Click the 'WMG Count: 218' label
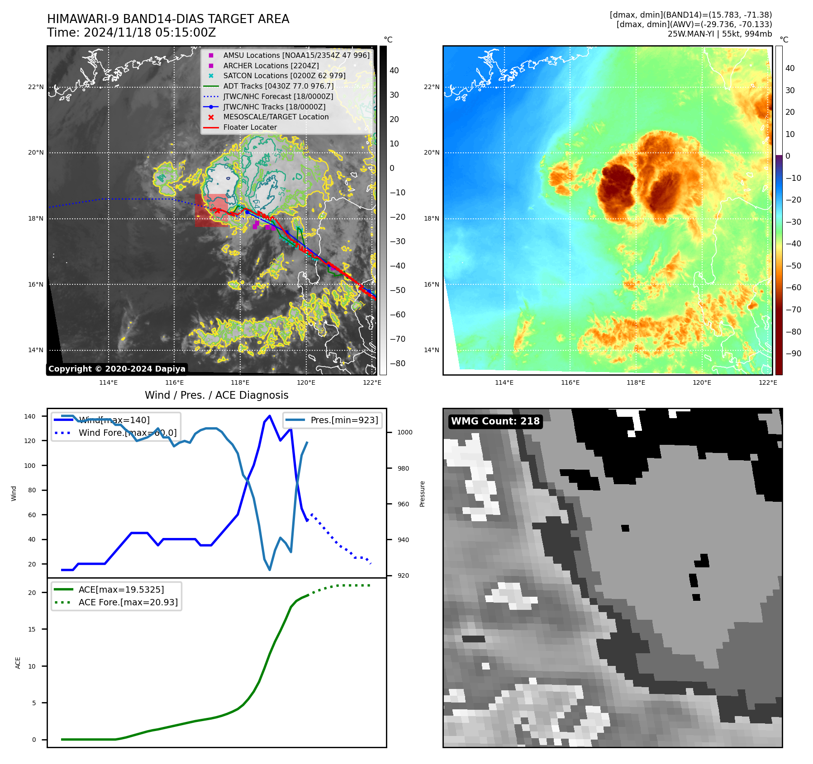pyautogui.click(x=495, y=421)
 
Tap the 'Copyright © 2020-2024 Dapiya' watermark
pyautogui.click(x=117, y=369)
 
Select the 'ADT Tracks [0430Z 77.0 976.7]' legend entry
pyautogui.click(x=278, y=86)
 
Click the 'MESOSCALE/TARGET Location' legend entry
pyautogui.click(x=276, y=117)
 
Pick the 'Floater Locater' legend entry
pyautogui.click(x=250, y=127)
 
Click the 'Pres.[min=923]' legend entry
pyautogui.click(x=344, y=420)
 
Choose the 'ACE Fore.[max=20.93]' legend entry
pyautogui.click(x=128, y=602)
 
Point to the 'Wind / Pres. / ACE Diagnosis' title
pyautogui.click(x=216, y=395)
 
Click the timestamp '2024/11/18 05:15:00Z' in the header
pyautogui.click(x=150, y=33)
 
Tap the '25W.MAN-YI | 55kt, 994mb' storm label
pyautogui.click(x=719, y=33)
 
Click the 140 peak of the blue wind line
pyautogui.click(x=270, y=416)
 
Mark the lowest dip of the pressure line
pyautogui.click(x=270, y=570)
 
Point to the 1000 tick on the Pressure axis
pyautogui.click(x=404, y=433)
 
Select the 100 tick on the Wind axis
pyautogui.click(x=30, y=466)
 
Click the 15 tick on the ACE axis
pyautogui.click(x=32, y=629)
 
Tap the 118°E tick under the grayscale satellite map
pyautogui.click(x=240, y=382)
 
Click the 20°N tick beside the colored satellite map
pyautogui.click(x=432, y=153)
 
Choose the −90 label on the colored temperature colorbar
pyautogui.click(x=793, y=354)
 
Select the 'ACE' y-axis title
pyautogui.click(x=18, y=663)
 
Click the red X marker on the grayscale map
pyautogui.click(x=218, y=211)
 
